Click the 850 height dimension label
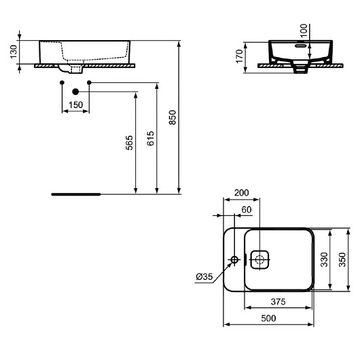pyautogui.click(x=173, y=118)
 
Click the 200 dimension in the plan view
pyautogui.click(x=240, y=193)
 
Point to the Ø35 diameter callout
pyautogui.click(x=205, y=276)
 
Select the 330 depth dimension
pyautogui.click(x=324, y=259)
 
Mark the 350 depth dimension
pyautogui.click(x=343, y=259)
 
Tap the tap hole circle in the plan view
pyautogui.click(x=235, y=259)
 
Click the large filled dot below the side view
pyautogui.click(x=76, y=90)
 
